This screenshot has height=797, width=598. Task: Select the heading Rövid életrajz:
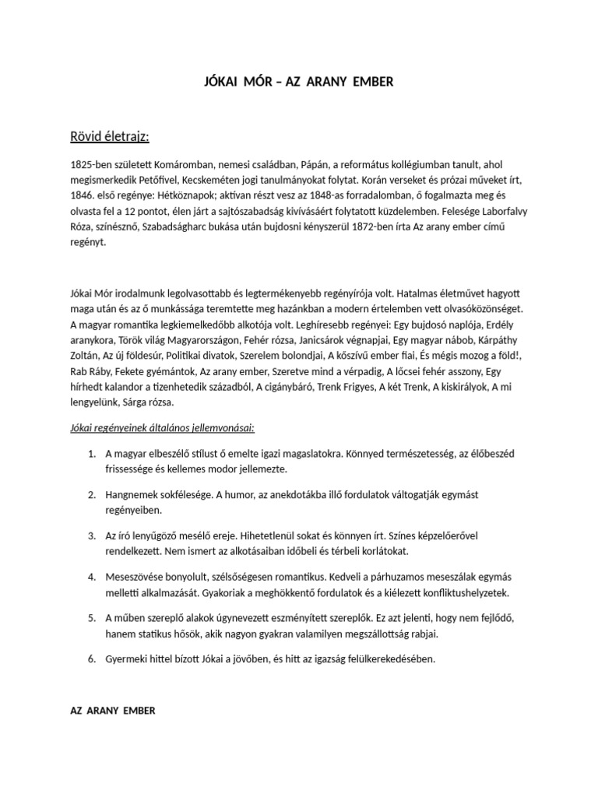click(x=109, y=137)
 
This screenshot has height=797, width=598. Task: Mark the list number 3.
click(x=91, y=536)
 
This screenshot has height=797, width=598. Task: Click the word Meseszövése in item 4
click(x=135, y=577)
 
